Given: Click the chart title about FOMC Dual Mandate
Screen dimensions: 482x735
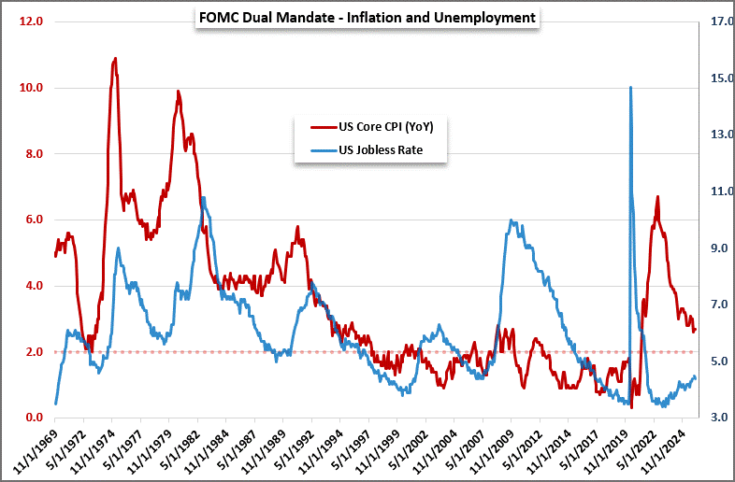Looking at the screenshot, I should click(367, 18).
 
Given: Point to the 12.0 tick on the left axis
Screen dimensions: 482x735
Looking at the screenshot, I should click(33, 21).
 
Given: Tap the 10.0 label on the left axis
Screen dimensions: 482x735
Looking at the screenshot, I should click(33, 88).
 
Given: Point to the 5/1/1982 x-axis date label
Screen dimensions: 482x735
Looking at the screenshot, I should click(182, 448).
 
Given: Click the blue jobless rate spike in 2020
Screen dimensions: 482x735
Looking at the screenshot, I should click(630, 88).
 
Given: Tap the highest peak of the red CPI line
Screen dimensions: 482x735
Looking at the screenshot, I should click(115, 59).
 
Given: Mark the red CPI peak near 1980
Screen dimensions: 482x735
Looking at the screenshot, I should click(178, 92).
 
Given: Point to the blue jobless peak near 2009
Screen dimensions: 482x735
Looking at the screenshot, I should click(512, 220).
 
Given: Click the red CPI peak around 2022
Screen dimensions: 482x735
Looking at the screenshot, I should click(657, 197).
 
